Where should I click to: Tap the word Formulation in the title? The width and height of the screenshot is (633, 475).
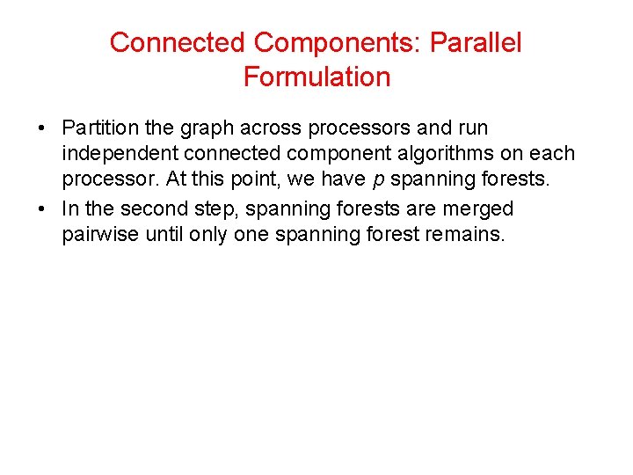tap(316, 77)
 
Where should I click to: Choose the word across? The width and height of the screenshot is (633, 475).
tap(268, 129)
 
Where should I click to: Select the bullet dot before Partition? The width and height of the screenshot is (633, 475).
tap(41, 128)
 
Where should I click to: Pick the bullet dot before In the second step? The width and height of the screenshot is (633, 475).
tap(41, 209)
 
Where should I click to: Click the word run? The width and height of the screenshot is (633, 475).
tap(471, 128)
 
